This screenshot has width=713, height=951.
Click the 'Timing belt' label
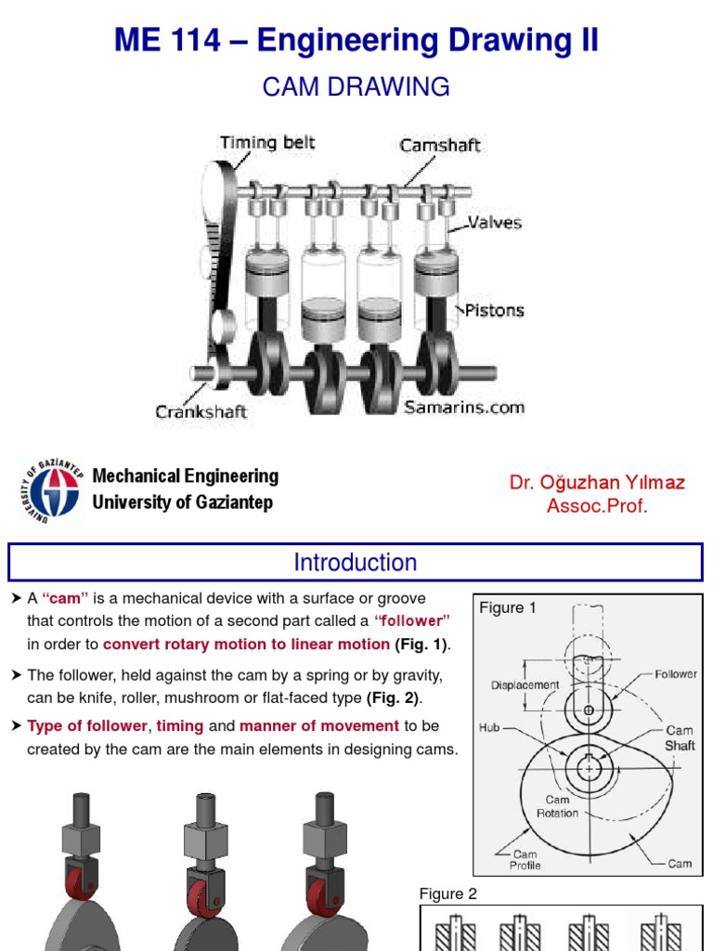click(x=266, y=143)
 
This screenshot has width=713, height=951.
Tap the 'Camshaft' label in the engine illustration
click(x=440, y=146)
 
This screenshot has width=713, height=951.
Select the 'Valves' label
click(x=494, y=223)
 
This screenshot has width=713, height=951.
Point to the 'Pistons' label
click(x=494, y=310)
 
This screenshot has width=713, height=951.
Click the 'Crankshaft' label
click(x=201, y=411)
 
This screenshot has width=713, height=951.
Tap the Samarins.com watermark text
click(x=464, y=407)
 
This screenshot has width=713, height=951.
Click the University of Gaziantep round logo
click(x=50, y=489)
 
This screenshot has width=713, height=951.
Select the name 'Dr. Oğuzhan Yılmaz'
click(x=597, y=482)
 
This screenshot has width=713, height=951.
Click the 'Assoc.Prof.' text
click(x=597, y=506)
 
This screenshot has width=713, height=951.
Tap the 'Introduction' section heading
click(x=356, y=563)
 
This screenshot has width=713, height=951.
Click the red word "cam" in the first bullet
click(x=58, y=599)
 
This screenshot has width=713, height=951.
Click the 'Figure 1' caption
click(x=508, y=608)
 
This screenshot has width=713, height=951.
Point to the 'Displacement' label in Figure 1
click(x=525, y=684)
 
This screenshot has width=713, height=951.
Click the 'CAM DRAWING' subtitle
click(x=356, y=87)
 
